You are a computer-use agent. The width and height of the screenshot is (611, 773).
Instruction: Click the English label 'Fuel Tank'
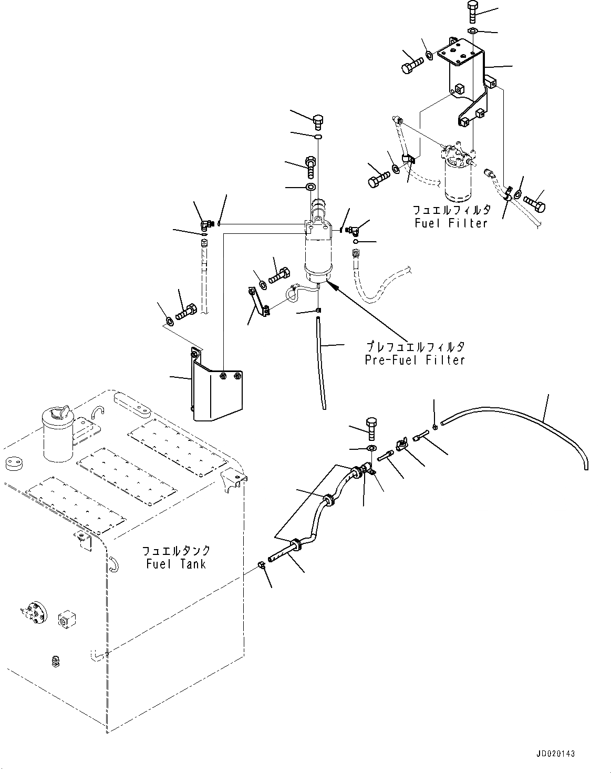point(176,564)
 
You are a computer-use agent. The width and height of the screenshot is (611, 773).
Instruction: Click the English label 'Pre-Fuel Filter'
point(415,360)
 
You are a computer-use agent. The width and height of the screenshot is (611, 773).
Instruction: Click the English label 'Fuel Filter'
point(450,223)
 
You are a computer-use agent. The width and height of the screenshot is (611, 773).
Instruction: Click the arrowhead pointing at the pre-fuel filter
point(329,284)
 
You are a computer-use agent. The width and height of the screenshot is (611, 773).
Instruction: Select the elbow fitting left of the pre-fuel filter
point(205,225)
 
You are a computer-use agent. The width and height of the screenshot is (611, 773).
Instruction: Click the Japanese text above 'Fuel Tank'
point(176,551)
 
